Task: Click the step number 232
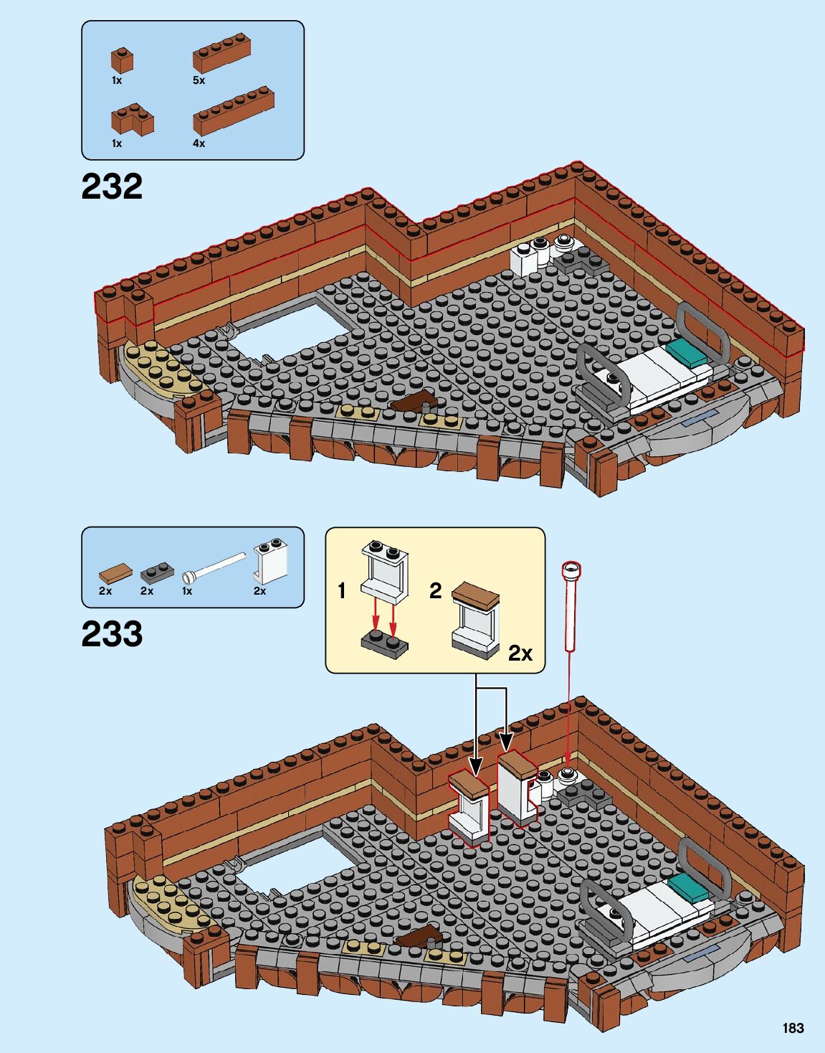pos(112,186)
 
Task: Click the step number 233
pos(112,634)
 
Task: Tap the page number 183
pos(793,1028)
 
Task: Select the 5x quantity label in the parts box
pos(199,80)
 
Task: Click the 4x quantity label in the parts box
pos(199,143)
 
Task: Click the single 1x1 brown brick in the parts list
pos(121,60)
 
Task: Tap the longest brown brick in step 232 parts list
pos(234,111)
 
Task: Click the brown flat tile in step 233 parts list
pos(115,572)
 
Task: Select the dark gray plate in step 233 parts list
pos(157,572)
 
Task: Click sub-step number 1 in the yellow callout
pos(342,591)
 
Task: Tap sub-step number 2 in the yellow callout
pos(435,591)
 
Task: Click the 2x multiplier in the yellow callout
pos(520,653)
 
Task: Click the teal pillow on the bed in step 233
pos(691,887)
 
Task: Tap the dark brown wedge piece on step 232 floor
pos(413,402)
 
